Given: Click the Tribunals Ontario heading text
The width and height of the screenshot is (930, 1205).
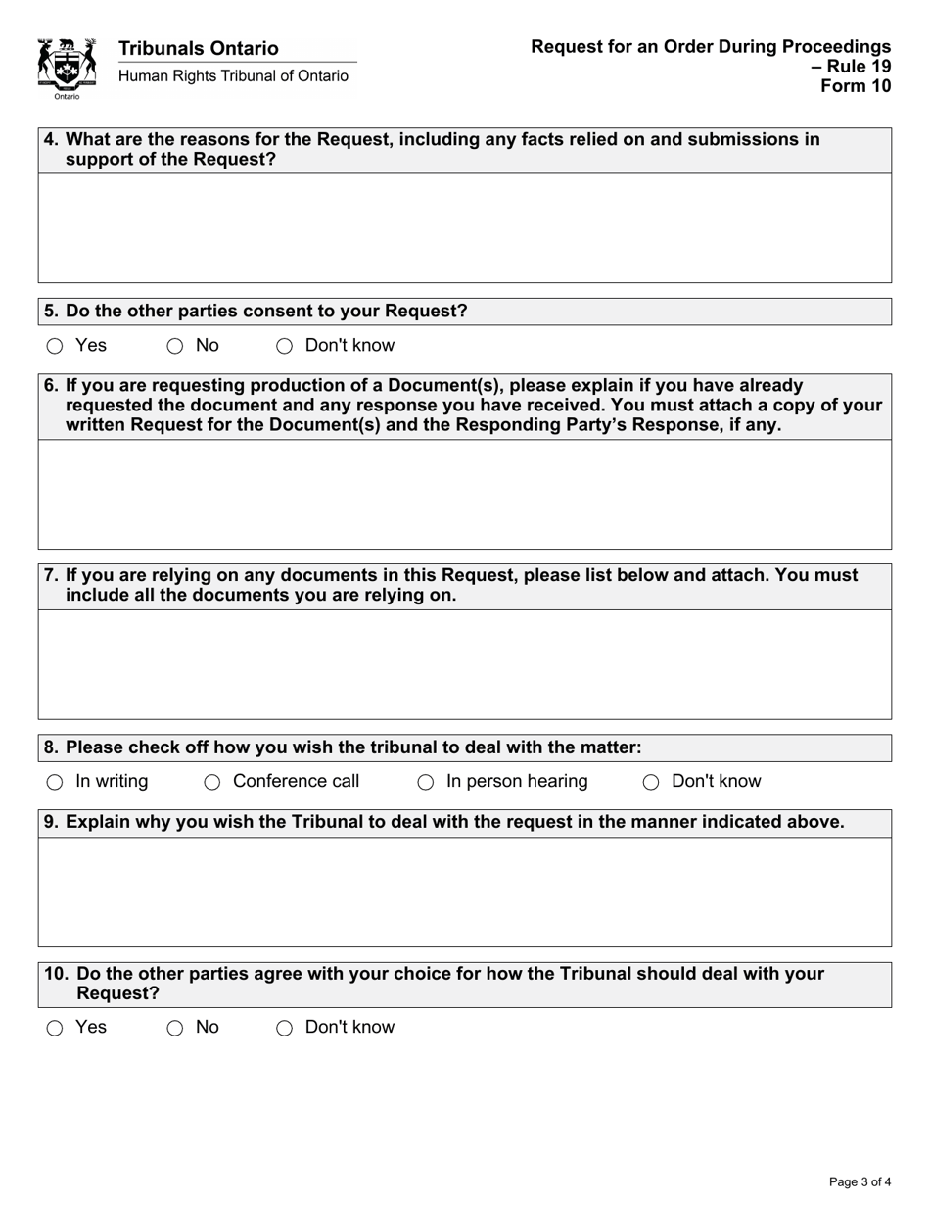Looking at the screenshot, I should (198, 48).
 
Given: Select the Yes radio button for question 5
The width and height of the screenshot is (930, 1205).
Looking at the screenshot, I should (55, 346).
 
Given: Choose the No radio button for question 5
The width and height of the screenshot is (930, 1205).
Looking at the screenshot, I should (174, 346).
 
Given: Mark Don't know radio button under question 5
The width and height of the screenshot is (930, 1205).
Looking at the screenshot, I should (284, 346).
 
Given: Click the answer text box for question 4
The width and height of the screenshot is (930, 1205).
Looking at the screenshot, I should (465, 228).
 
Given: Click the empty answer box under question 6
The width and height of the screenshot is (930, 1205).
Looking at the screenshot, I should (465, 494).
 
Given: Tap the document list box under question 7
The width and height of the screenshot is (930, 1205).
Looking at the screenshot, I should (465, 664).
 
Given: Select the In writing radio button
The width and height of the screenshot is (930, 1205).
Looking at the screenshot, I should (55, 782).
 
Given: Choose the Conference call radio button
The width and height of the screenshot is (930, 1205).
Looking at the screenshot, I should (211, 782).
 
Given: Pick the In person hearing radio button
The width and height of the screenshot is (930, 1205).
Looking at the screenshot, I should (425, 782).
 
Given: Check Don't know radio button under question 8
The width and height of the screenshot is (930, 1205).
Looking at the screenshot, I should (650, 782).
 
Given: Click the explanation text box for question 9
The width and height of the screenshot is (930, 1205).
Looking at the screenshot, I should (465, 892).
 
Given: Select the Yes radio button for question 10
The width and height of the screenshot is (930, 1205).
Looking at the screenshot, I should (55, 1028).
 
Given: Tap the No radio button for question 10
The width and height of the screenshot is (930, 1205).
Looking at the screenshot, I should (174, 1028).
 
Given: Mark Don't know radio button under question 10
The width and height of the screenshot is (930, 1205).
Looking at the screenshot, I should (284, 1028).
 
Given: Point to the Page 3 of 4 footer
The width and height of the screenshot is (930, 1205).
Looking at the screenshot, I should (860, 1181).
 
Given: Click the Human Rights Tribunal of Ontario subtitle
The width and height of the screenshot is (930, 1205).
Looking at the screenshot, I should (233, 76).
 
